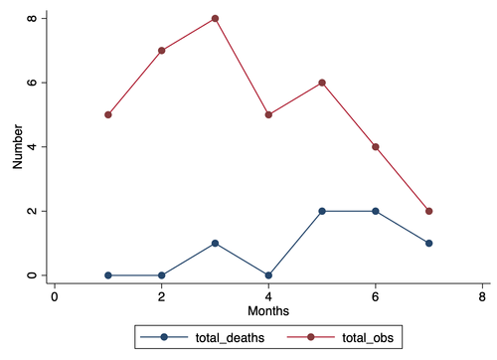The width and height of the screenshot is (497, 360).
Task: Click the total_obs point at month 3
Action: (x=215, y=18)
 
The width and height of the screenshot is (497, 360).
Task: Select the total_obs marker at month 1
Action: (x=107, y=114)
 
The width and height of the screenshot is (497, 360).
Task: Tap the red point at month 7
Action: (x=428, y=211)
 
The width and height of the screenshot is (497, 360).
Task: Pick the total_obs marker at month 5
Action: (x=321, y=83)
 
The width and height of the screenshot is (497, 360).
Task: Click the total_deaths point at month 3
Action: (x=215, y=243)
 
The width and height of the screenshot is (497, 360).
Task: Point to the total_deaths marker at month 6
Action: (x=375, y=211)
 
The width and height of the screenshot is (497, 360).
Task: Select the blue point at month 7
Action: (x=428, y=243)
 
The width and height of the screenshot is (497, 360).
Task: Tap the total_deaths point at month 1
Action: (x=107, y=275)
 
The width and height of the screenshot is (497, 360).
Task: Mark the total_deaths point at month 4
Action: (x=268, y=275)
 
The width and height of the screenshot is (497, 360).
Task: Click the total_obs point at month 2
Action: (x=161, y=50)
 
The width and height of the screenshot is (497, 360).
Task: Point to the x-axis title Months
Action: (x=268, y=311)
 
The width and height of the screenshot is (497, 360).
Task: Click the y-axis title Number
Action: (x=18, y=147)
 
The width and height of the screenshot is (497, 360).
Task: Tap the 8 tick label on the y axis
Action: (x=32, y=18)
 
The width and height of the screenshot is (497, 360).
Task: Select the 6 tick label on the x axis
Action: (x=375, y=296)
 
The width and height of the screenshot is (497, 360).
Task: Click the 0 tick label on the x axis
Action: (x=55, y=296)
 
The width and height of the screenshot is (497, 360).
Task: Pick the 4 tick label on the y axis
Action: (x=32, y=147)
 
